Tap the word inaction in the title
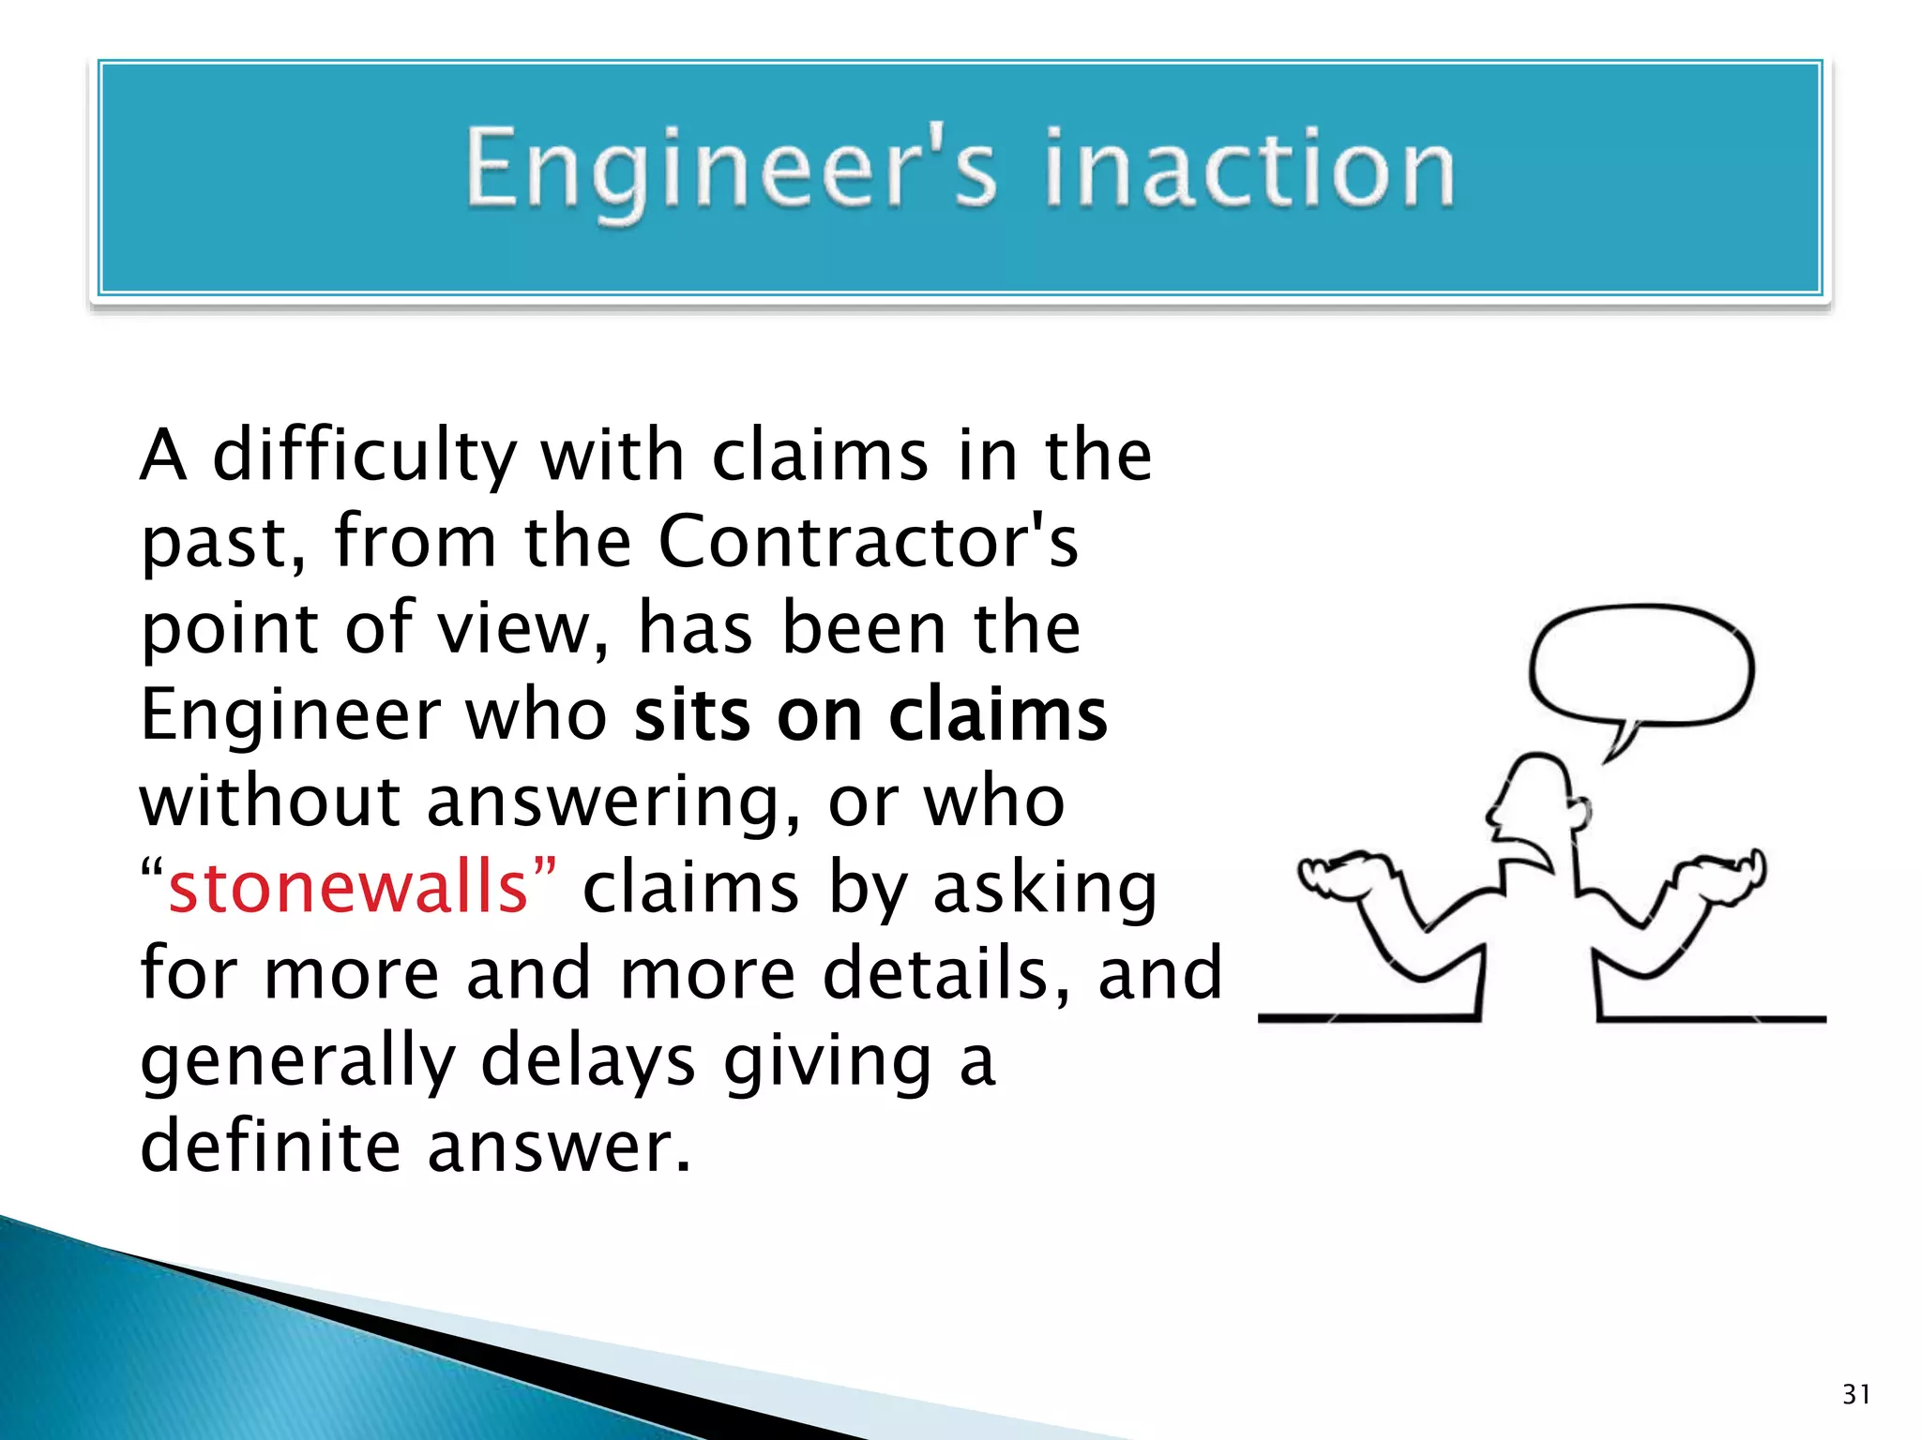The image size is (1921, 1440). (1249, 170)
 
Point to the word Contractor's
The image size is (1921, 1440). (868, 542)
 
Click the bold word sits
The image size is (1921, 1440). (692, 715)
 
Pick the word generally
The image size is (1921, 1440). (297, 1063)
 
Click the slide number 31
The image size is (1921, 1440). (1856, 1394)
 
